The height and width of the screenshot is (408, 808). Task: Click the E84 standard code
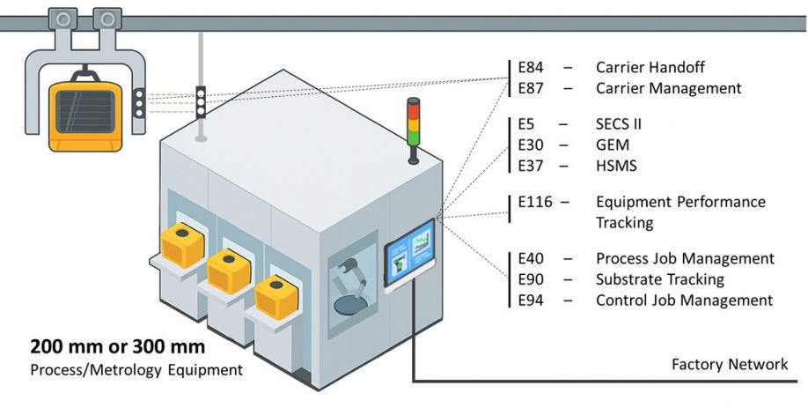click(x=533, y=67)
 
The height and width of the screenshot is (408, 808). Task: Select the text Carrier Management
click(x=668, y=88)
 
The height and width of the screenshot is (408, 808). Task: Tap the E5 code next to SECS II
click(x=527, y=124)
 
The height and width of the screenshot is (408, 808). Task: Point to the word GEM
click(x=613, y=145)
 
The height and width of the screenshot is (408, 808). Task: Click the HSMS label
click(x=618, y=165)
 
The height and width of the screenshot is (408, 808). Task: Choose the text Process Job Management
click(x=685, y=259)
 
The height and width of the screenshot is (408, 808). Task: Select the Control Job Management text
click(x=684, y=300)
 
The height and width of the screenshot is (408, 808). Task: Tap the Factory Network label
click(x=730, y=364)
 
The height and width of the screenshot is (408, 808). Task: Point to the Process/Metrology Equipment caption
click(x=136, y=369)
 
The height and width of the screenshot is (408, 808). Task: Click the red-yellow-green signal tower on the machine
click(x=412, y=128)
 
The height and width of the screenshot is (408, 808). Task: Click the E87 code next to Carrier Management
click(x=533, y=88)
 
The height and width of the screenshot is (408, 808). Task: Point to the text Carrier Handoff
click(x=650, y=67)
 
